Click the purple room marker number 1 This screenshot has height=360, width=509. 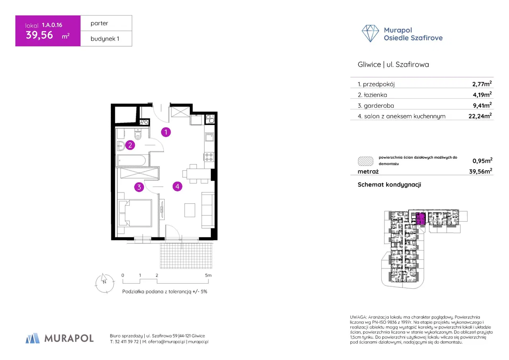[166, 132]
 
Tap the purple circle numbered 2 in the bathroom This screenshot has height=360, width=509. [130, 145]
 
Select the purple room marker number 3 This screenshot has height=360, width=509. [139, 187]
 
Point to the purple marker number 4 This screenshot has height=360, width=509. [177, 186]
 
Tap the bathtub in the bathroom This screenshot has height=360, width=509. [132, 160]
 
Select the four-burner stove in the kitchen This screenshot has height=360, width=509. [209, 157]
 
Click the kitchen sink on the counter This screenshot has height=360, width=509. [209, 137]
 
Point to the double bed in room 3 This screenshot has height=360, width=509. [135, 213]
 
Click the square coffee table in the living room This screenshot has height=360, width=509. [190, 210]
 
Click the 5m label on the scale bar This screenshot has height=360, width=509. [208, 275]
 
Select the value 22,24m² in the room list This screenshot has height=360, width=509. [480, 116]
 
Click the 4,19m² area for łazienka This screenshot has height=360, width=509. [482, 94]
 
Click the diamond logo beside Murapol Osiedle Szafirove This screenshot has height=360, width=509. [370, 33]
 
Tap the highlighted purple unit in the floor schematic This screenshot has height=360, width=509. [420, 219]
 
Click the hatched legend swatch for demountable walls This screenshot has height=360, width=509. [365, 161]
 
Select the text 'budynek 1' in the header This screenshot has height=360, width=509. [105, 39]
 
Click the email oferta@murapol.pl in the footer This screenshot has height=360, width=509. [166, 342]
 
